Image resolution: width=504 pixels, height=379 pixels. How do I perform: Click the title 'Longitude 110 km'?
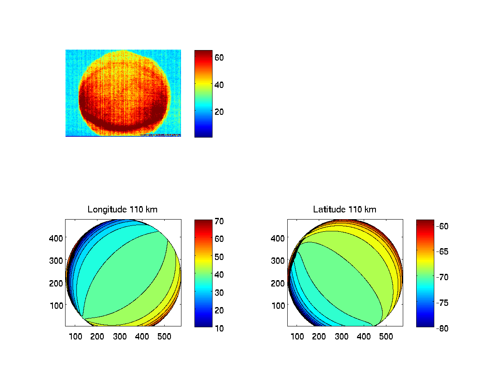click(122, 209)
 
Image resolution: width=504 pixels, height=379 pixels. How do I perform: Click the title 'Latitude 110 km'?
click(344, 209)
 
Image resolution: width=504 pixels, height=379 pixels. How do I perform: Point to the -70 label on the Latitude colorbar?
click(442, 277)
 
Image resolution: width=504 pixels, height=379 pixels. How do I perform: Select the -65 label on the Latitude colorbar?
click(442, 252)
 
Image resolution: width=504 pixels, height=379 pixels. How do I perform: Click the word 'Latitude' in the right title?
click(328, 209)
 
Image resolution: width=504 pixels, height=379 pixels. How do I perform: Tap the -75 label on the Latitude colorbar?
click(442, 303)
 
